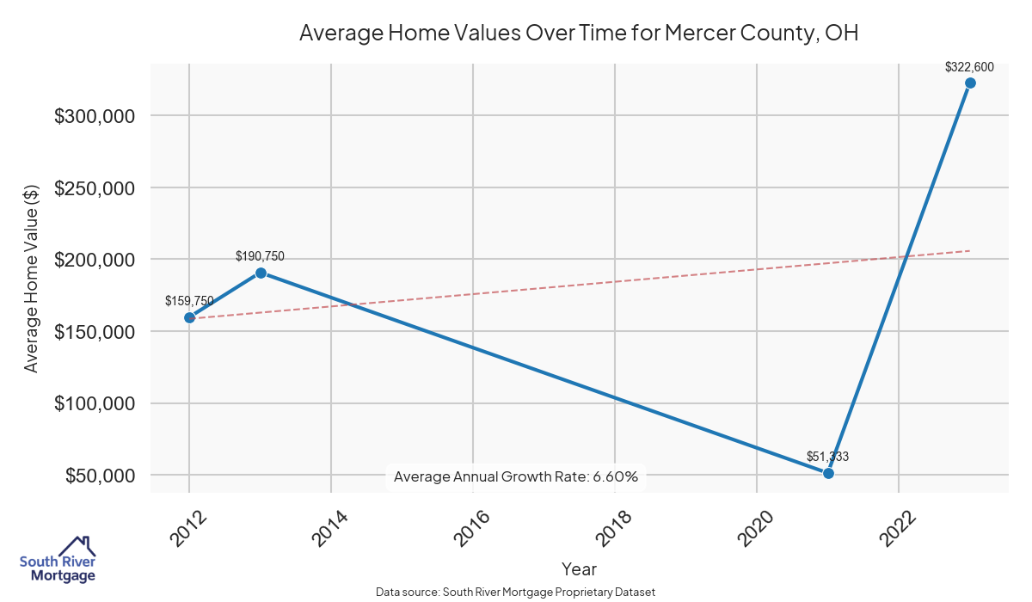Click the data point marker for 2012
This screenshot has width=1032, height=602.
189,317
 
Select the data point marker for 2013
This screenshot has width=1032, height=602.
261,273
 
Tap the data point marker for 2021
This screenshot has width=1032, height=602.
828,473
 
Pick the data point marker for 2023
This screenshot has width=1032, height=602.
970,83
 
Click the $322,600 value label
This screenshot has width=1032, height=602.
969,66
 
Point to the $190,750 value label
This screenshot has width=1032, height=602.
260,255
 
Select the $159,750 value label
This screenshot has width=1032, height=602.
189,300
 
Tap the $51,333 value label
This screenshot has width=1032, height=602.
828,457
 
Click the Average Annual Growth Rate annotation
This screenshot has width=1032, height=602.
515,476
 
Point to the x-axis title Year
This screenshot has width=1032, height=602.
579,568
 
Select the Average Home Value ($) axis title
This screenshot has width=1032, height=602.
31,278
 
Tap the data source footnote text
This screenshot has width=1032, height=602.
515,592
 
